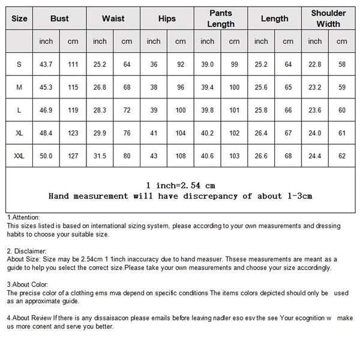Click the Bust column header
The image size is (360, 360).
(x=59, y=19)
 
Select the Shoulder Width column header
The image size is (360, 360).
(x=328, y=19)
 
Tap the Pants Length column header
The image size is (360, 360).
(x=221, y=19)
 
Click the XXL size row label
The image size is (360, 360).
(x=20, y=155)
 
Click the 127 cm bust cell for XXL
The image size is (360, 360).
(x=73, y=155)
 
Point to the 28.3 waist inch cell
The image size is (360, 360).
(x=100, y=110)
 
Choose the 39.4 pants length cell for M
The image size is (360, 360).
(x=207, y=87)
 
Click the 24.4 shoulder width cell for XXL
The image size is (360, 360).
(x=315, y=155)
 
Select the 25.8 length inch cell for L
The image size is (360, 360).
(x=262, y=110)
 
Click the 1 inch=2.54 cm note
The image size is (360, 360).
(x=180, y=185)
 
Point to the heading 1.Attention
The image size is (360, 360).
(x=23, y=217)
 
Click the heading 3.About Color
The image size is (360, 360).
(x=26, y=284)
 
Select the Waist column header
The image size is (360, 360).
(x=113, y=19)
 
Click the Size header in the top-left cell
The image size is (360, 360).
(x=20, y=19)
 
